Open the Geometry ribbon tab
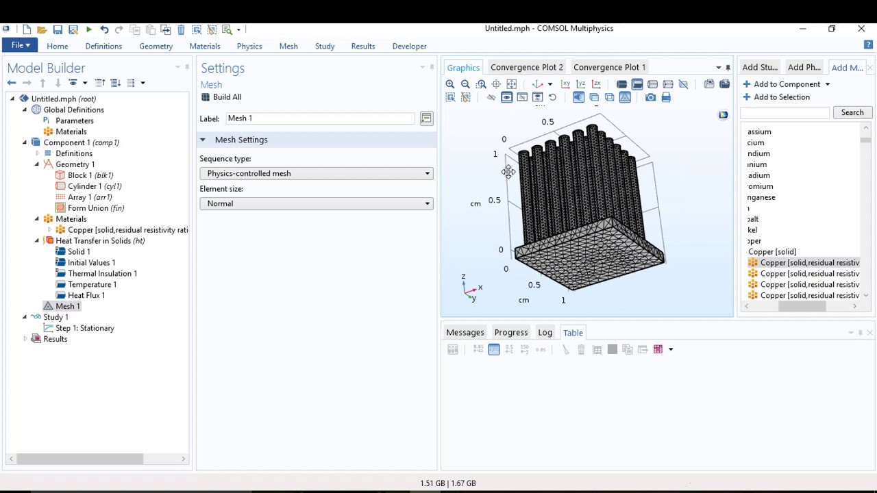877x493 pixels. point(156,47)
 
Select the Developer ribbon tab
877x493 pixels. point(409,47)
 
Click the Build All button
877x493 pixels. point(221,97)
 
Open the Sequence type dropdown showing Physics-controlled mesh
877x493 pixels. point(317,173)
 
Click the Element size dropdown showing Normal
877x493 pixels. point(317,203)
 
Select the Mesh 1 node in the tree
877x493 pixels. point(67,306)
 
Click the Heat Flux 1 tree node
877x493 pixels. point(86,295)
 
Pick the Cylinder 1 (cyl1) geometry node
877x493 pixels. point(94,186)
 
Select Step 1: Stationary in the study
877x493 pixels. point(84,328)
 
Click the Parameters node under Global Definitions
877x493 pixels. point(74,121)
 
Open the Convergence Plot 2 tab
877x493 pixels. point(526,67)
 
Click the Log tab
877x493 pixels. point(545,333)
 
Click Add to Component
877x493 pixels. point(786,84)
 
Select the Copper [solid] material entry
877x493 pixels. point(771,252)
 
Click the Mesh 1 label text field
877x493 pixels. point(320,118)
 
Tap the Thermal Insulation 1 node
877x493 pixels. point(102,273)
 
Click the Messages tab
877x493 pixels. point(465,333)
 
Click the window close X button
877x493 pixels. point(861,29)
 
